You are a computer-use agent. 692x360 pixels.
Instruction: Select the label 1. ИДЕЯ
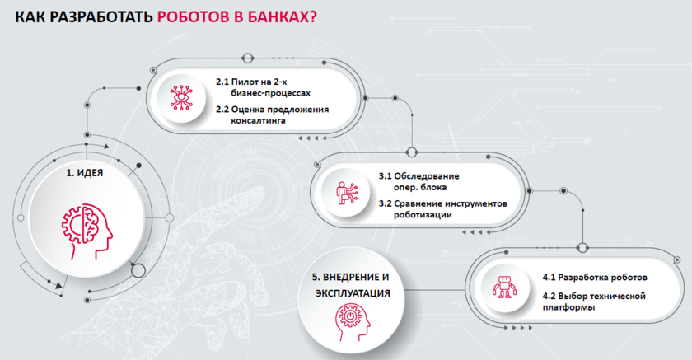tap(85, 173)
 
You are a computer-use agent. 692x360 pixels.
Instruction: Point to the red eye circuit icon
tap(181, 97)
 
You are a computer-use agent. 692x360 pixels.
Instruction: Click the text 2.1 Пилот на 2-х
tap(251, 82)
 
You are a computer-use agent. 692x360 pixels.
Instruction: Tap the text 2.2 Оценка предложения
tap(273, 109)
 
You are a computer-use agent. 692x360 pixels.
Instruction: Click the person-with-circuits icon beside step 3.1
tap(347, 193)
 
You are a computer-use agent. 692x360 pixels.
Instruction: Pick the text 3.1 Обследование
tap(418, 175)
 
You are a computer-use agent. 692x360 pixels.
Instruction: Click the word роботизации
tap(423, 215)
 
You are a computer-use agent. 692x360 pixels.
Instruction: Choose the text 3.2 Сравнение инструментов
tap(442, 203)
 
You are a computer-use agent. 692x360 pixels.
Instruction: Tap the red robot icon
tap(504, 287)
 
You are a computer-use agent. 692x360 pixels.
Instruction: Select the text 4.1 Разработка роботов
tap(595, 278)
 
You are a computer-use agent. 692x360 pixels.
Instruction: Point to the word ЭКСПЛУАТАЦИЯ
tap(353, 293)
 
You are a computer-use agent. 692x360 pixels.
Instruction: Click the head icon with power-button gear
tap(353, 321)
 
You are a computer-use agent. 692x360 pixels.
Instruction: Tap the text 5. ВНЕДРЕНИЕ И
tap(350, 277)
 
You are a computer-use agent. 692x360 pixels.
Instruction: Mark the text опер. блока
tap(420, 187)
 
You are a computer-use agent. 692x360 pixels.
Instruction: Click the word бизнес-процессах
tap(270, 93)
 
